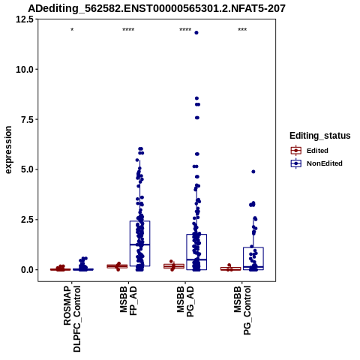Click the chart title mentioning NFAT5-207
point(157,8)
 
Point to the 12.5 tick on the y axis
point(25,19)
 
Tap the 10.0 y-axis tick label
point(25,69)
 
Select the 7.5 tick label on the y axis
point(27,119)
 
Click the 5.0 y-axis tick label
point(27,169)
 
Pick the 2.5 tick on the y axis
point(27,220)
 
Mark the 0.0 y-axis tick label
point(27,270)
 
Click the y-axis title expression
point(8,150)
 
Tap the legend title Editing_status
point(320,136)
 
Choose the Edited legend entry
point(317,151)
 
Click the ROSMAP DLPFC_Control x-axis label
point(72,319)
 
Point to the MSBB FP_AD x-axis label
point(129,301)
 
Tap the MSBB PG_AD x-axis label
point(185,301)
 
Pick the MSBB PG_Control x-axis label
point(242,310)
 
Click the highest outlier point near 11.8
point(196,33)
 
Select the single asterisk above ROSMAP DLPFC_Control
point(72,30)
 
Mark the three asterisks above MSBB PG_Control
point(242,30)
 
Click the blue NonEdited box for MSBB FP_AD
point(139,244)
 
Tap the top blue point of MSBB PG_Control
point(253,172)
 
